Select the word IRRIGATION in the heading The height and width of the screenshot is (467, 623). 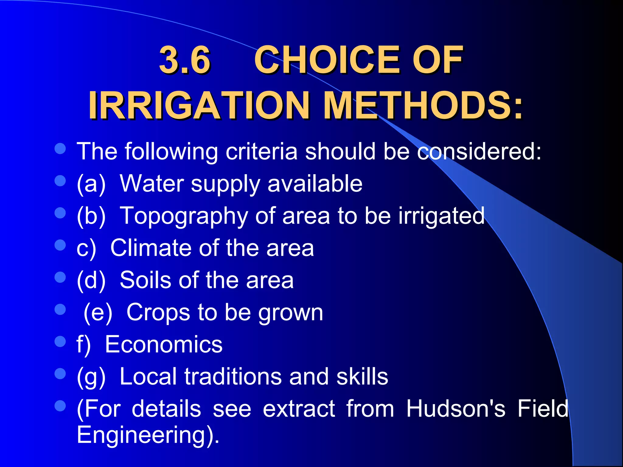(199, 105)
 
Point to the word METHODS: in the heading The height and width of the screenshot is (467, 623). (423, 105)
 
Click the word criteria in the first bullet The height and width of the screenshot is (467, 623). (261, 151)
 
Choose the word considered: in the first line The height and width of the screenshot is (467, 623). (479, 151)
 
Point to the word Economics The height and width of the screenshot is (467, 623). (164, 344)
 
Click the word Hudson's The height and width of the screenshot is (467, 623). (456, 409)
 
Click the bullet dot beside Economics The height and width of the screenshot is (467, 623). (60, 341)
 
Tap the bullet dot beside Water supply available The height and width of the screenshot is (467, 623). (60, 181)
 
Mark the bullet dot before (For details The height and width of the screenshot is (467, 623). (60, 406)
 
